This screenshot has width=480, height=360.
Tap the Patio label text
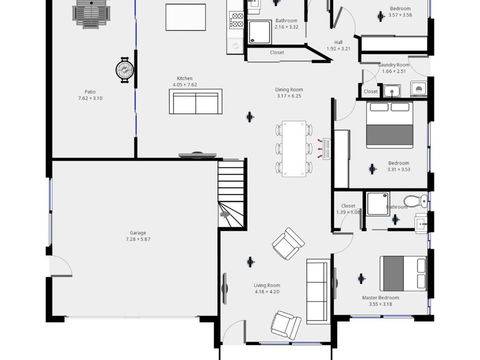[89, 92]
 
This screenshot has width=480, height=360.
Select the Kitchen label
[184, 78]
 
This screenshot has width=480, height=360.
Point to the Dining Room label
[289, 89]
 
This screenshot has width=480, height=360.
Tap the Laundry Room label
[393, 64]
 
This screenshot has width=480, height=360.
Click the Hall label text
[338, 42]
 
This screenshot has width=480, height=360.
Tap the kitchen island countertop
[184, 15]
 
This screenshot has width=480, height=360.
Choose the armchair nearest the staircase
[288, 241]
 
